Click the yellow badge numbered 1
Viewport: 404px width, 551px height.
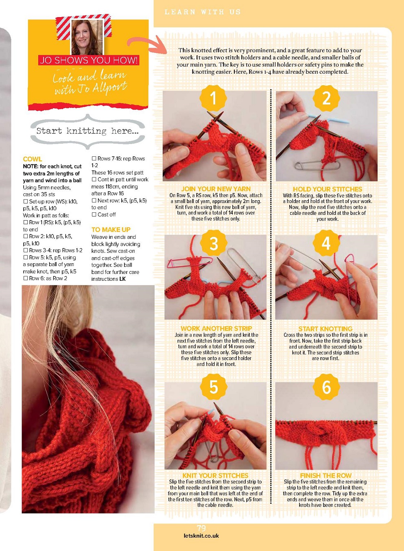213,98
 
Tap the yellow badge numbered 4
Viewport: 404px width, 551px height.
326,243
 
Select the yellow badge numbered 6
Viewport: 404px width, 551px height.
326,387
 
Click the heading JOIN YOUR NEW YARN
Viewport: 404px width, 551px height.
216,189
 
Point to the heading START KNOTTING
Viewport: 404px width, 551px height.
325,329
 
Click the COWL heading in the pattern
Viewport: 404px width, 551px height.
33,159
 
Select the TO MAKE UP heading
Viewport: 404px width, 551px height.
111,230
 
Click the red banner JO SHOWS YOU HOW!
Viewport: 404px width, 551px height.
89,60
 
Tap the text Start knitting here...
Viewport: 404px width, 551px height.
87,131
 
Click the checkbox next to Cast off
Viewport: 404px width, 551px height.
94,214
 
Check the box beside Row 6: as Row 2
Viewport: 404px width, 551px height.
25,278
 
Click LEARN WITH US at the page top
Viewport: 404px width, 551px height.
203,12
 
